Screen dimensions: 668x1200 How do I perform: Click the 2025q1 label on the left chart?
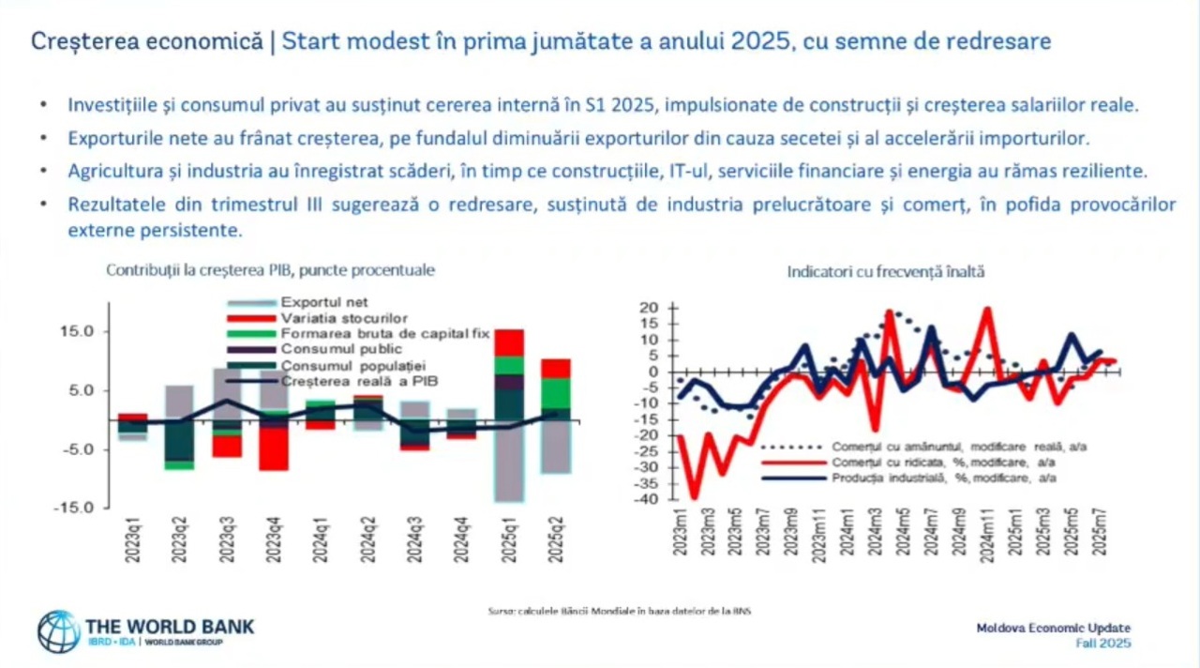510,539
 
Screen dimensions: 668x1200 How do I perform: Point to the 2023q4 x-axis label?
275,539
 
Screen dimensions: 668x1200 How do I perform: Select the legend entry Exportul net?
324,302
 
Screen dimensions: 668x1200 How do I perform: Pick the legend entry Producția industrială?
942,478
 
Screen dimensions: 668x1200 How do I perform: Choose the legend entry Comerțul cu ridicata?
940,463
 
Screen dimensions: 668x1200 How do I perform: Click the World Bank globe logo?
58,631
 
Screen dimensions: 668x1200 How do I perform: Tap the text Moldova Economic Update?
1053,628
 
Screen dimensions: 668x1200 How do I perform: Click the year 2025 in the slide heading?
755,42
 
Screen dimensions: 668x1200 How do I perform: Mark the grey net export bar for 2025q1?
509,464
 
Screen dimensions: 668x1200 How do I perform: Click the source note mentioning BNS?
620,611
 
